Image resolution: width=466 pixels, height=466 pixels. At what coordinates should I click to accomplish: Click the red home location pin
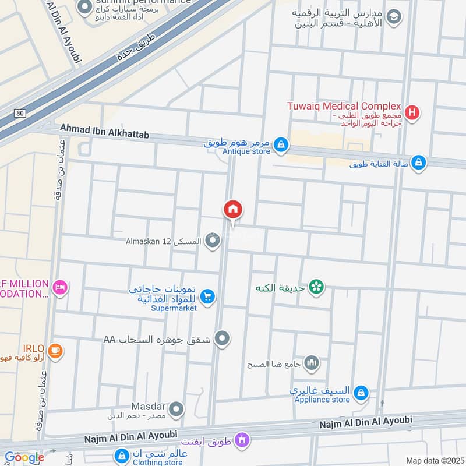pos(233,210)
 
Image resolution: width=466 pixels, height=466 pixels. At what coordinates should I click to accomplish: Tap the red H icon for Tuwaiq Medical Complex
pos(412,112)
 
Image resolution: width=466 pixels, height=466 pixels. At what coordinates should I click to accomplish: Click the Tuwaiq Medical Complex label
pos(344,106)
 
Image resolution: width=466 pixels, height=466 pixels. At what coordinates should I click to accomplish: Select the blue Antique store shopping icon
pos(281,144)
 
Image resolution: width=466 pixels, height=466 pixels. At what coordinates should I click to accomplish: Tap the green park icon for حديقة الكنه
pos(316,287)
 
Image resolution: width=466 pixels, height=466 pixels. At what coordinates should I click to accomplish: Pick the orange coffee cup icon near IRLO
pos(56,351)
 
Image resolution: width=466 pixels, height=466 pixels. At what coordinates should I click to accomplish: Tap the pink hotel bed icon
pos(59,288)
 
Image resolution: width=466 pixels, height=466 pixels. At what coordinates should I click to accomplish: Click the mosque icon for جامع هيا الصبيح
pos(312,363)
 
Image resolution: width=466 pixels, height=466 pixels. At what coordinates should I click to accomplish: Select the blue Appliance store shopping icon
pos(361,393)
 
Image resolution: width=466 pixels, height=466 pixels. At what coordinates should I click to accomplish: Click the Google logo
pos(24,457)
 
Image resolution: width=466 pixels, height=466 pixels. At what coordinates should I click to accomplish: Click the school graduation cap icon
pos(394,17)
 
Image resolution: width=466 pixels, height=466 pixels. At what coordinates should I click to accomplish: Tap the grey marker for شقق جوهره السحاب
pos(222,338)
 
